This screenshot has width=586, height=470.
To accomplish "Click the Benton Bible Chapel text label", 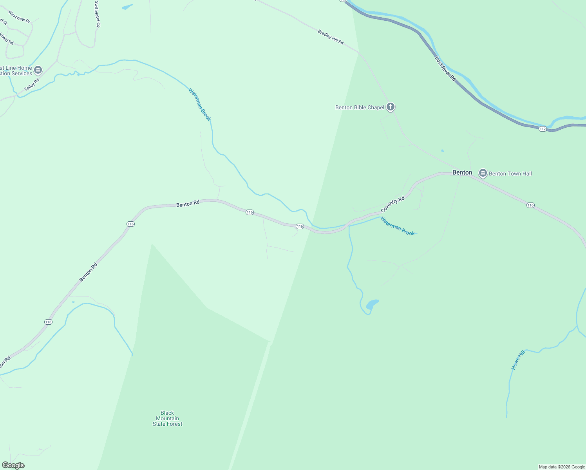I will pos(360,107).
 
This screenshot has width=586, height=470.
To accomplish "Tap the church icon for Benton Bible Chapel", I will pos(391,107).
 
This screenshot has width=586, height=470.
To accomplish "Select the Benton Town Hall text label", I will pos(510,174).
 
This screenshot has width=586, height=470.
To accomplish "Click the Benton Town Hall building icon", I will pos(483,173).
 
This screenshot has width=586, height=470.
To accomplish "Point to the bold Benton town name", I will pos(462,172).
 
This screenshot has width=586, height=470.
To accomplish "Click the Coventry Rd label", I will pos(392,205).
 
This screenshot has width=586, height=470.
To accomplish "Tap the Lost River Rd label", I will pos(446,69).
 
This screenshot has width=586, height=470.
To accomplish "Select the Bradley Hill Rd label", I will pos(331,37).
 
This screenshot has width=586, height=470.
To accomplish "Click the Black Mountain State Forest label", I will pos(167,418).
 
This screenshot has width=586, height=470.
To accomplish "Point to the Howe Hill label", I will pos(518,360).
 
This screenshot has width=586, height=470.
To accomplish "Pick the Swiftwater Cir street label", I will pos(98,14).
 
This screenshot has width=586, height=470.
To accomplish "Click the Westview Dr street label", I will pos(19,17).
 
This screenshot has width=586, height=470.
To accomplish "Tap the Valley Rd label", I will pos(32,85).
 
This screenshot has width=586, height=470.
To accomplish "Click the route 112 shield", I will pos(542,129).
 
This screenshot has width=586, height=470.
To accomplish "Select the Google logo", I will pos(13,465).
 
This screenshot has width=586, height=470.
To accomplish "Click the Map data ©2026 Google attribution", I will pos(562,467).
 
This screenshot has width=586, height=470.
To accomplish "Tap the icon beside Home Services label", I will pos(38,70).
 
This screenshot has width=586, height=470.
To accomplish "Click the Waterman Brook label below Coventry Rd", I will pos(398,226).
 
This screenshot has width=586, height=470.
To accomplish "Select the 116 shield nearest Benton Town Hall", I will pos(530,205).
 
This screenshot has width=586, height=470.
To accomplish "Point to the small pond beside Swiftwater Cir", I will pos(127,7).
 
